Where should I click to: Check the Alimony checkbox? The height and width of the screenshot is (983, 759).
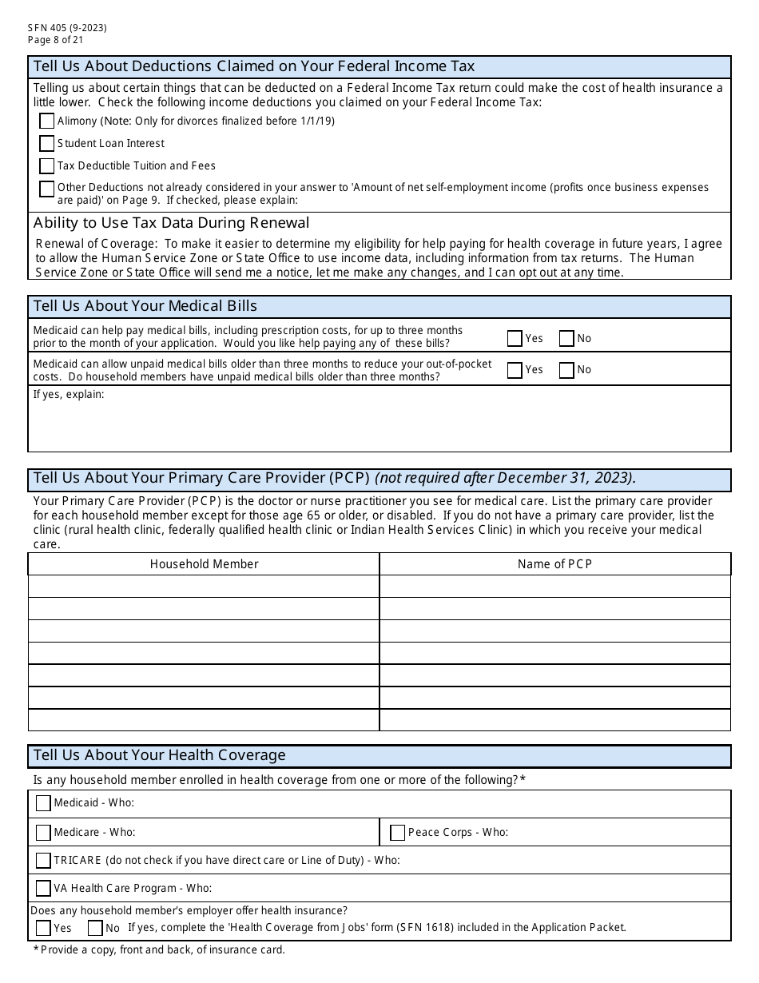point(47,121)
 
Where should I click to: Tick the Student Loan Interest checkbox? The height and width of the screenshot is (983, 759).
point(47,143)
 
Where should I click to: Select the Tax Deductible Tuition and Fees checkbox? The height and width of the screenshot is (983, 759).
point(47,165)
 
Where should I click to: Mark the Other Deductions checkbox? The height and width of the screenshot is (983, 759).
point(47,189)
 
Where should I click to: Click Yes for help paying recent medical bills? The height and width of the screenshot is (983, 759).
point(515,338)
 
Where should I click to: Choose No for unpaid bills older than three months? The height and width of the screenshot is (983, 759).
point(566,370)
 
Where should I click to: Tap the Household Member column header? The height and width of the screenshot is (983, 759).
point(204,564)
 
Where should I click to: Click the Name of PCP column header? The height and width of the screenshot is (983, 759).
point(554,564)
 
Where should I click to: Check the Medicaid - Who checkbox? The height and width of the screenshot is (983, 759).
point(43,803)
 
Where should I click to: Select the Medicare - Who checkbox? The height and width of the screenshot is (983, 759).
point(43,833)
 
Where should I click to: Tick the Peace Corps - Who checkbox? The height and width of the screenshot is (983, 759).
point(397,833)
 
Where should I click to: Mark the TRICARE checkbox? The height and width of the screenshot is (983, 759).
point(43,861)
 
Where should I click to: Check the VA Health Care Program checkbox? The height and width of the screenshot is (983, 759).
point(43,888)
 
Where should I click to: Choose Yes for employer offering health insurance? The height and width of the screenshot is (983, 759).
point(43,928)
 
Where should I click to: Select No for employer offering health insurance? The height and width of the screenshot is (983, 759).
point(95,928)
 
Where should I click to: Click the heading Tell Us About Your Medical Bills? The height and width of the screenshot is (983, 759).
point(145,306)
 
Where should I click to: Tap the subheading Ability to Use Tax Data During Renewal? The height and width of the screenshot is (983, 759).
point(171,223)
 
